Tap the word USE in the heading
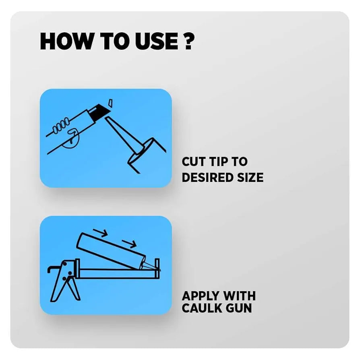coord(156,41)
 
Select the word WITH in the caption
coord(237,296)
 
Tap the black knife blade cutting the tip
coord(99,112)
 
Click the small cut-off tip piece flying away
coord(110,103)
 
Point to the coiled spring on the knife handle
coord(61,126)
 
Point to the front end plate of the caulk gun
coord(157,269)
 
